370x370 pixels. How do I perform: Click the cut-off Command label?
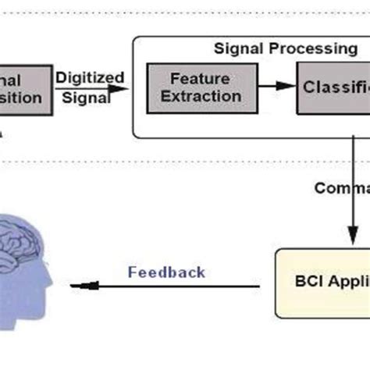coord(342,188)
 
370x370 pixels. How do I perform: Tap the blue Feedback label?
coord(166,272)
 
